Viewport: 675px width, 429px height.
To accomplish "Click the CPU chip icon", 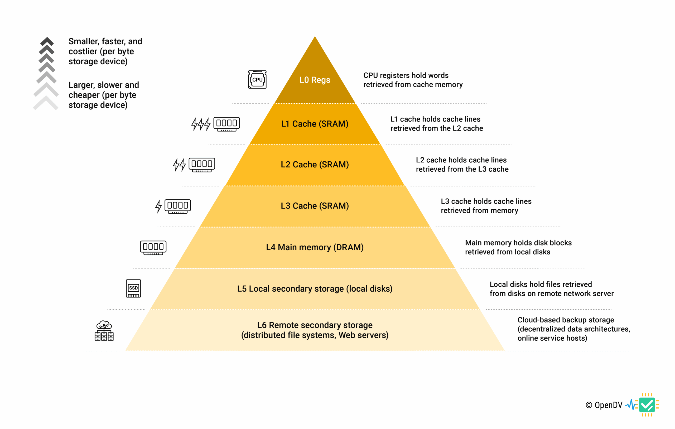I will pos(257,80).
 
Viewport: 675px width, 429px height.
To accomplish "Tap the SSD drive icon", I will pos(133,288).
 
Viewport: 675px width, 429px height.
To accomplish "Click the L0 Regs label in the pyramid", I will pos(315,80).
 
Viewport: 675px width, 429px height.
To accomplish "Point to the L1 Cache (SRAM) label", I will pos(315,124).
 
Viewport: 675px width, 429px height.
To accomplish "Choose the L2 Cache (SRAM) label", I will pos(315,165).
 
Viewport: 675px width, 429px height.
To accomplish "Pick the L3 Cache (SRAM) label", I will pos(315,206).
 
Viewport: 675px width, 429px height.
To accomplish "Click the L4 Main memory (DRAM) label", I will pos(315,247).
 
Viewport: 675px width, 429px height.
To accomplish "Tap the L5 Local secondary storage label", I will pos(315,289).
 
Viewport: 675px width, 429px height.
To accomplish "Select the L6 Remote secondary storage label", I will pos(315,330).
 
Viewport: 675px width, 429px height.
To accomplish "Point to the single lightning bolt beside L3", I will pos(159,206).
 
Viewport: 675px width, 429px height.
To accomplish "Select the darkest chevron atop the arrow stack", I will pos(47,41).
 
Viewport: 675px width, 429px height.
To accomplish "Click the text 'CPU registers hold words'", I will pos(406,75).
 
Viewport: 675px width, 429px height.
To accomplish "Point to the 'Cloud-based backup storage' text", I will pos(565,320).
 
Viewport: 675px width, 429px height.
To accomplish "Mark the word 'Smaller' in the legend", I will pos(84,41).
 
